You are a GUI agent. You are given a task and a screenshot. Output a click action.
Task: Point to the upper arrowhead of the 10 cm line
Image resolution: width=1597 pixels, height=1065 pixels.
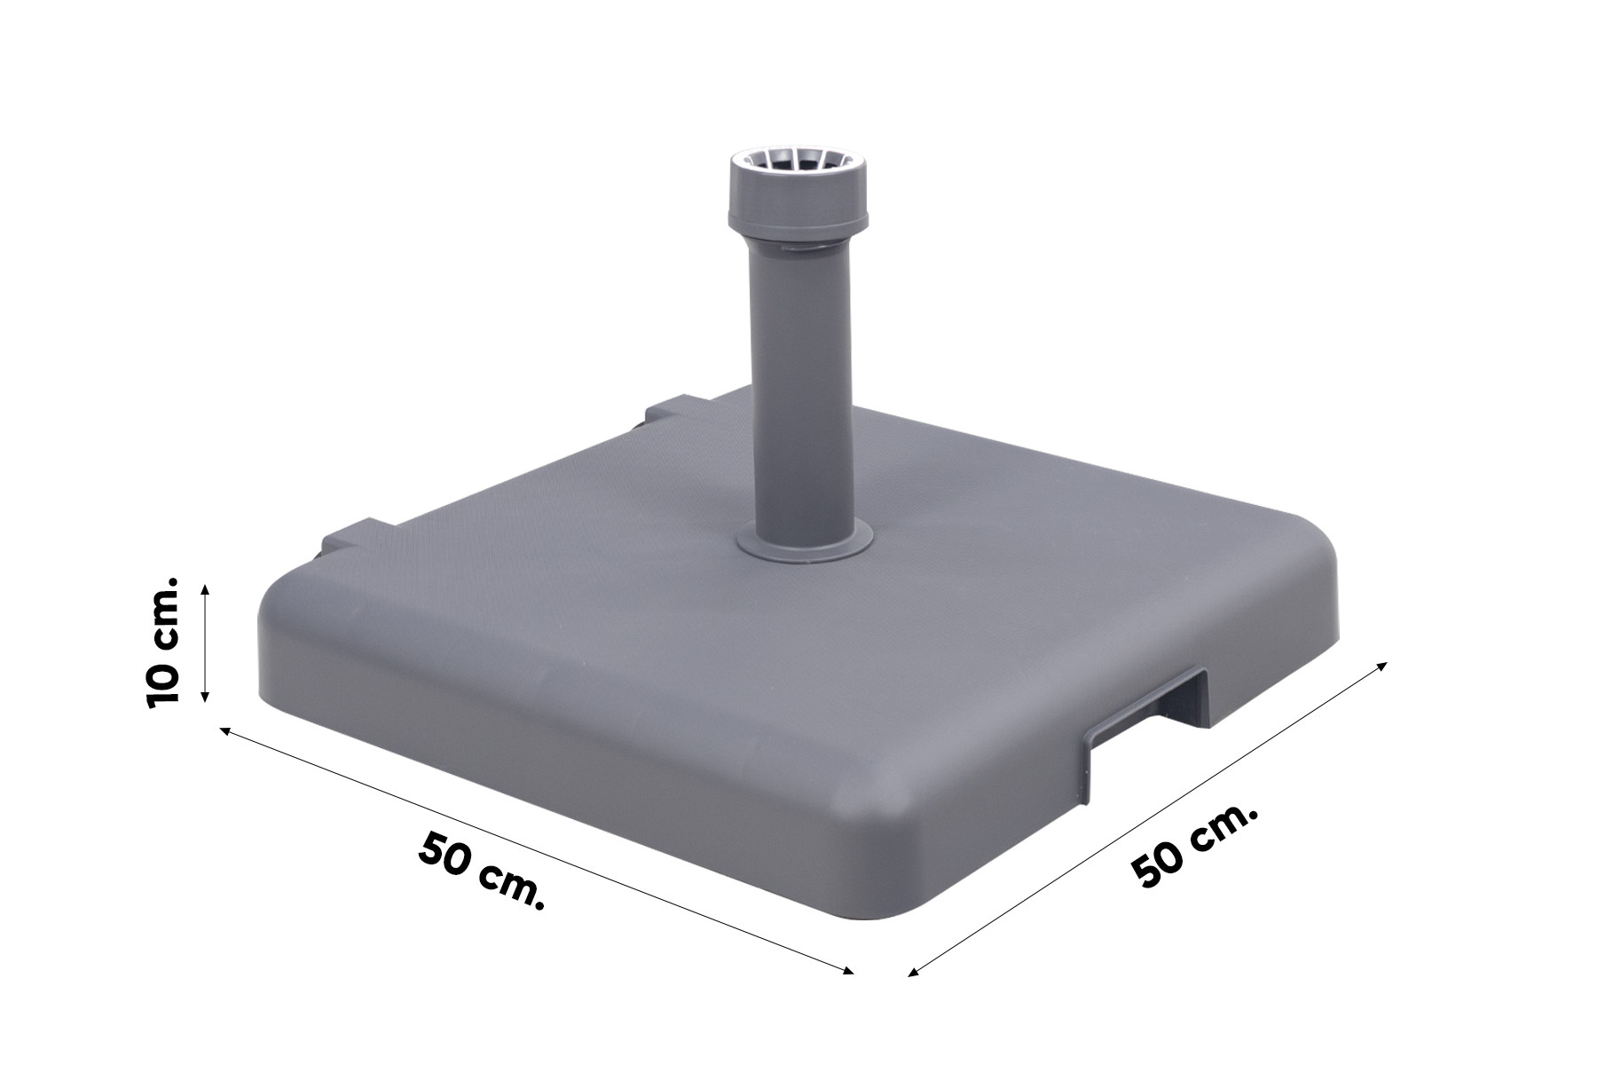point(205,588)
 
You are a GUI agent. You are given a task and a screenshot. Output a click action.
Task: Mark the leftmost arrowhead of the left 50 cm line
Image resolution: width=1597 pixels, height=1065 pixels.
point(224,730)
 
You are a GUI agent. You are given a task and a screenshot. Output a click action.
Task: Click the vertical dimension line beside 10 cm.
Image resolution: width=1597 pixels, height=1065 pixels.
point(205,643)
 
